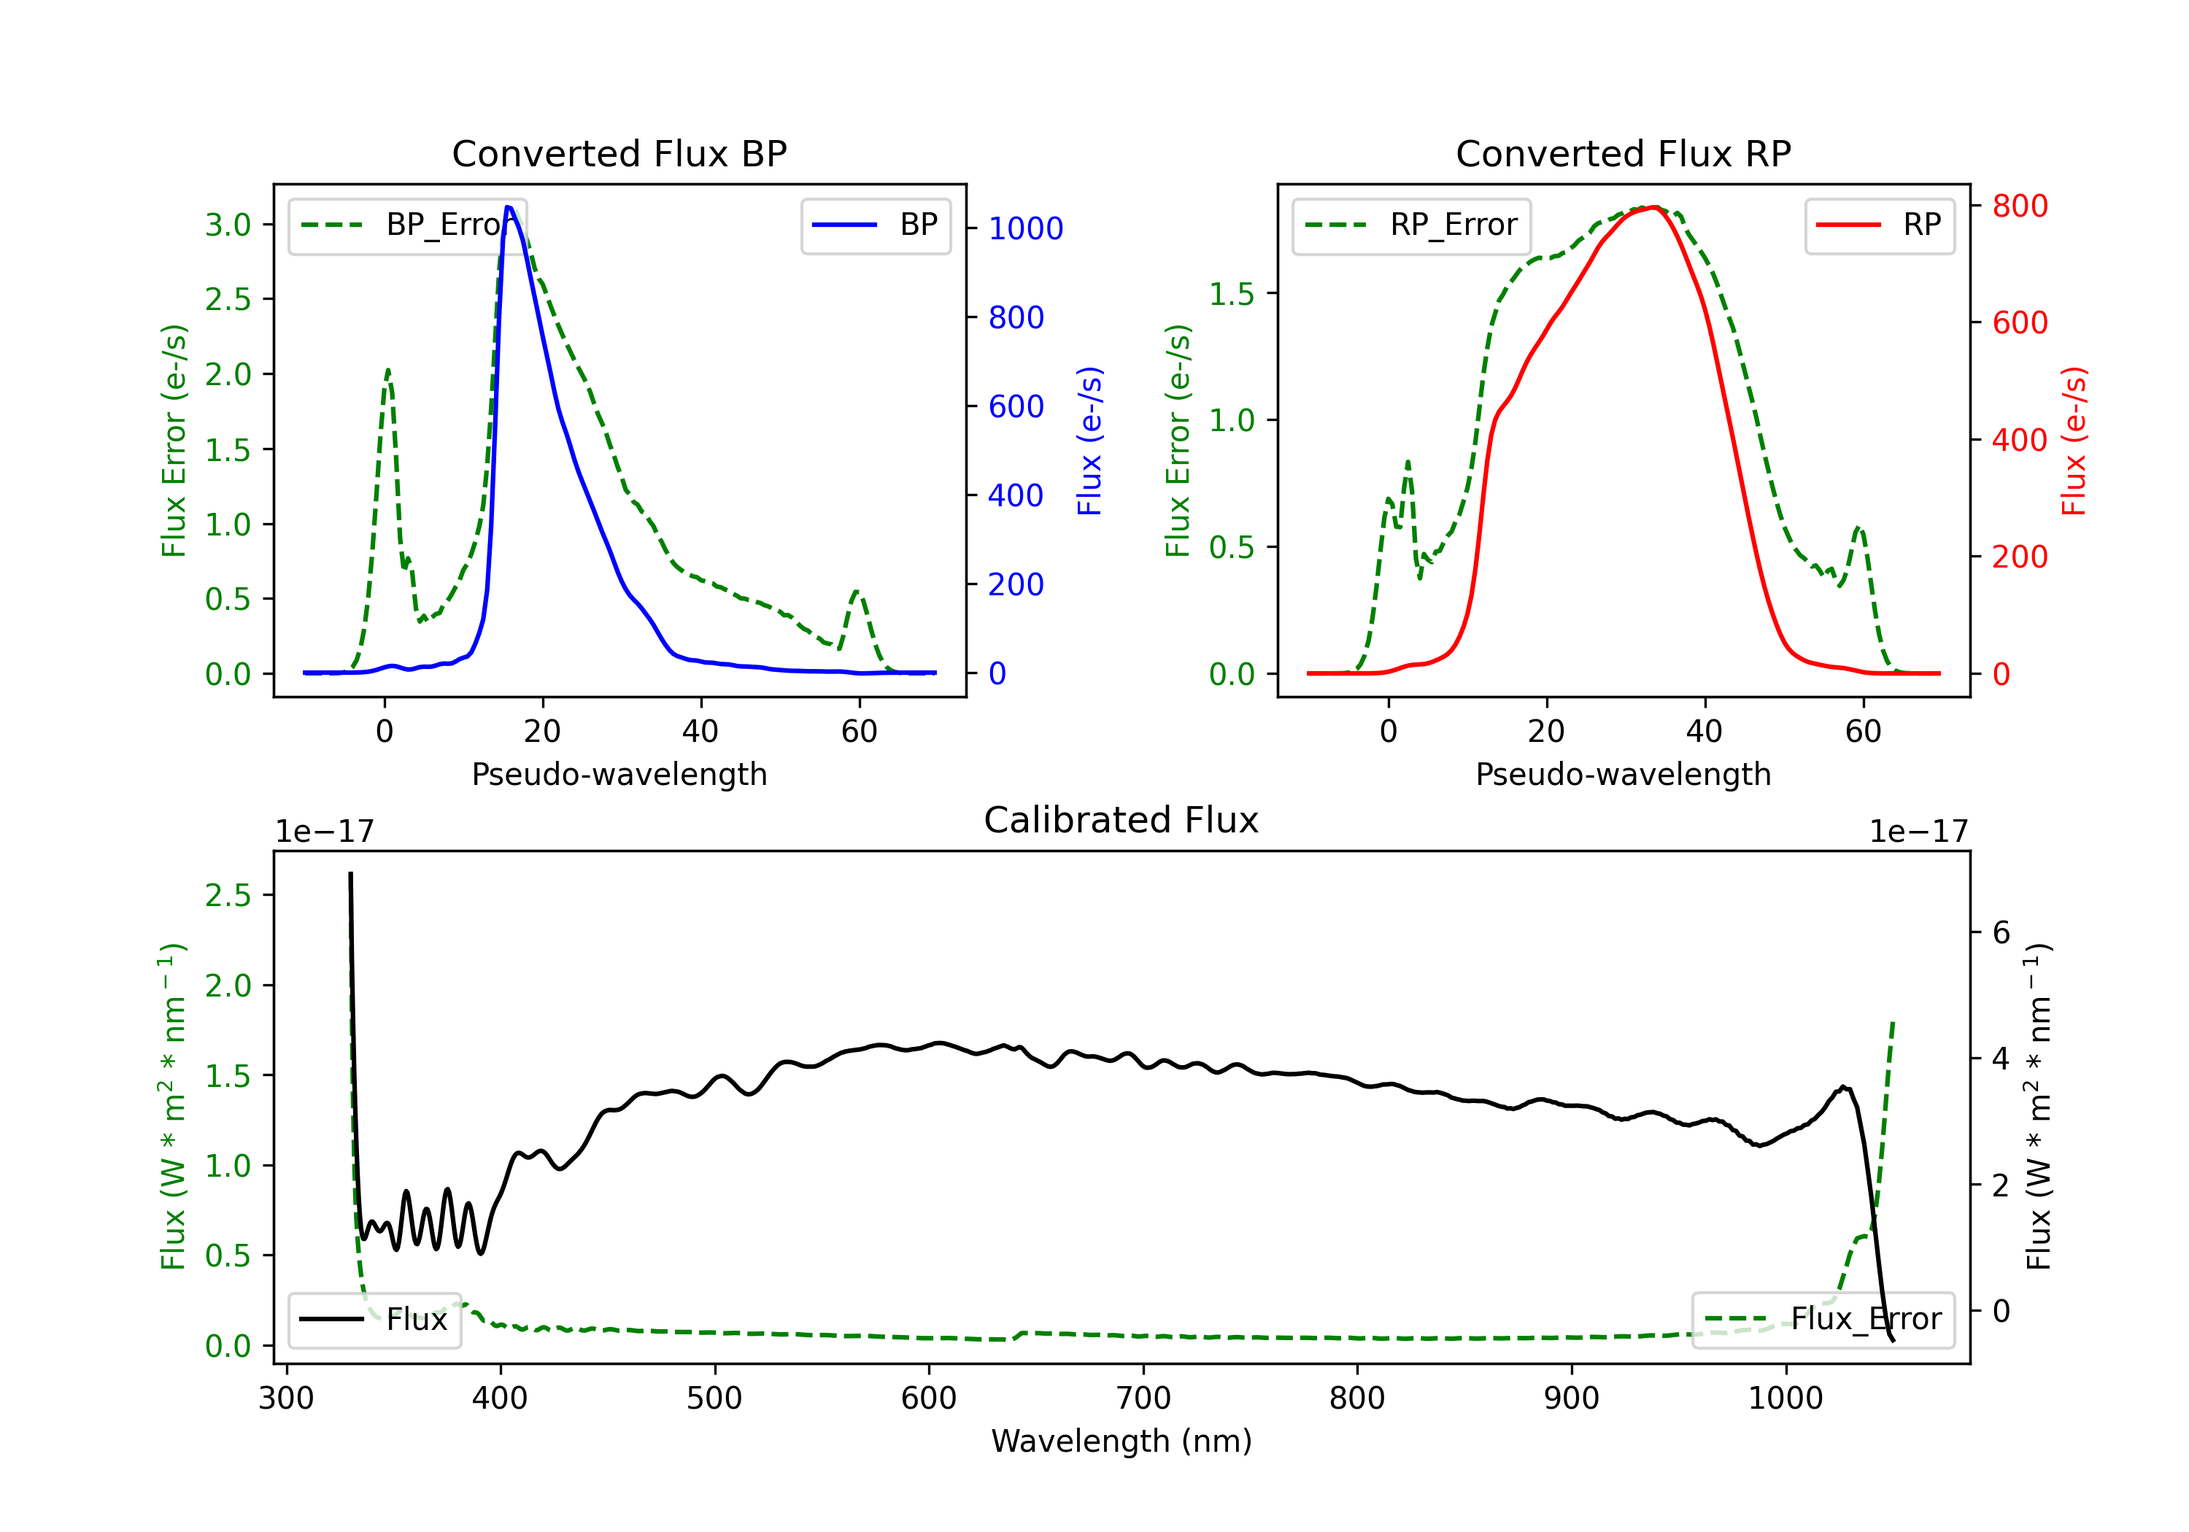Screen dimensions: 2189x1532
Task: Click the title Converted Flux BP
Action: click(619, 153)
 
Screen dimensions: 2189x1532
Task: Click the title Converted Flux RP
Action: click(1623, 153)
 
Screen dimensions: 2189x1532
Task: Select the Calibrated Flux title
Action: click(1121, 820)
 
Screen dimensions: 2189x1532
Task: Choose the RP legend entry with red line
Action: click(1879, 225)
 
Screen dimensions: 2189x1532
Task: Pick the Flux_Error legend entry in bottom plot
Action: click(1822, 1320)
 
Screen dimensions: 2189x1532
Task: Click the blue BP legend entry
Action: click(875, 225)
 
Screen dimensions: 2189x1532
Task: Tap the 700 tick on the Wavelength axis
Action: click(1143, 1398)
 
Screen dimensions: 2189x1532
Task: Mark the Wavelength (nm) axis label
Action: click(1121, 1441)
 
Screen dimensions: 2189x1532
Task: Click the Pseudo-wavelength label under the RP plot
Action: click(1623, 774)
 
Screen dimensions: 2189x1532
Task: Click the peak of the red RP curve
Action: click(1655, 207)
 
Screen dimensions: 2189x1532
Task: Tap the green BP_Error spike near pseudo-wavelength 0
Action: click(387, 370)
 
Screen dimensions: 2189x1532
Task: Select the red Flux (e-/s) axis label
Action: click(2074, 441)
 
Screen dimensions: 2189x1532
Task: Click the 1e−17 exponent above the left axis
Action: click(324, 832)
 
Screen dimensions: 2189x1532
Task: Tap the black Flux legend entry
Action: click(374, 1320)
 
